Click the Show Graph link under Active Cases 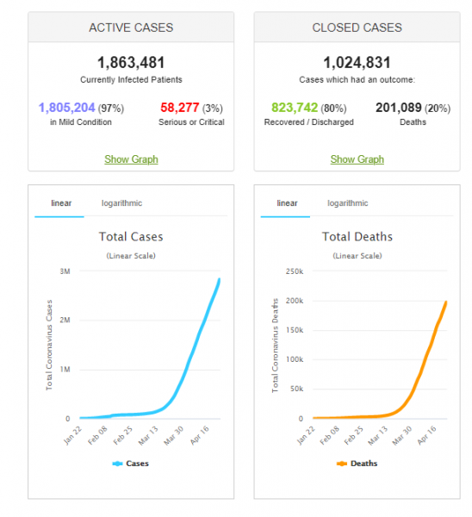[x=131, y=159]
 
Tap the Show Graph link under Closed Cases [x=357, y=159]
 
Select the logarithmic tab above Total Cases [x=121, y=203]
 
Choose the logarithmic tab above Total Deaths [x=348, y=203]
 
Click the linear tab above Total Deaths [x=287, y=203]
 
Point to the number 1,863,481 [x=131, y=62]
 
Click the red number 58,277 [x=180, y=108]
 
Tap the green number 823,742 [x=295, y=108]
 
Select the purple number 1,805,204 [x=67, y=108]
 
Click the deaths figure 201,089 [x=399, y=108]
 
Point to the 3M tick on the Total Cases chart [x=65, y=271]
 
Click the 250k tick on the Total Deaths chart [x=295, y=271]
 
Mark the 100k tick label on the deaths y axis [x=295, y=359]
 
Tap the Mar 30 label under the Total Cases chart [x=174, y=435]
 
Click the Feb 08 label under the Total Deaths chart [x=329, y=435]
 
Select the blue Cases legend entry [x=131, y=464]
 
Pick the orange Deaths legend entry [x=357, y=464]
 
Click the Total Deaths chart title [x=357, y=237]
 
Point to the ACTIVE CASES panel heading [x=131, y=28]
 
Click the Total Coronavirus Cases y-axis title [x=49, y=345]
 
